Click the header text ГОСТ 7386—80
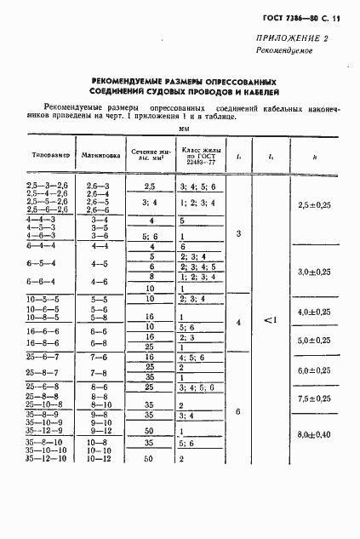(295, 16)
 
